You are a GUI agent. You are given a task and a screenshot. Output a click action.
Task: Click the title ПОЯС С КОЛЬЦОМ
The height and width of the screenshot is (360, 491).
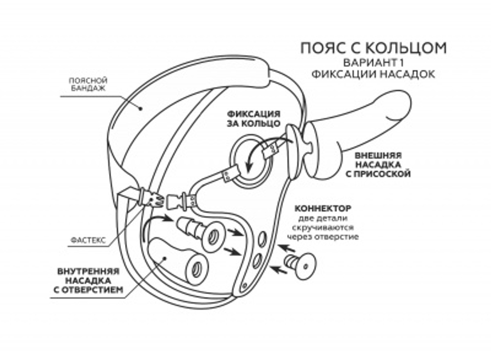coord(373,48)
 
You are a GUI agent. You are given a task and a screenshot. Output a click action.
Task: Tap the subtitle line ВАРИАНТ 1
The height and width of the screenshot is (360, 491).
coord(373,63)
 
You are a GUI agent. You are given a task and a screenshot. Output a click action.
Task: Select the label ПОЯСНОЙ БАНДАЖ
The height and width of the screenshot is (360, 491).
coord(88,84)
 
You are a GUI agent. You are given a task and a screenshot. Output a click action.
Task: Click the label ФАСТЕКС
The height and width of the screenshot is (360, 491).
coord(88,240)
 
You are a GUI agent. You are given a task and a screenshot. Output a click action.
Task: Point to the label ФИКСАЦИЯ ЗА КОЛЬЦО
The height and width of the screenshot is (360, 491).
coord(254,119)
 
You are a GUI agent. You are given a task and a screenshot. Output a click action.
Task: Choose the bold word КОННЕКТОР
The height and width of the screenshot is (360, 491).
coord(323,208)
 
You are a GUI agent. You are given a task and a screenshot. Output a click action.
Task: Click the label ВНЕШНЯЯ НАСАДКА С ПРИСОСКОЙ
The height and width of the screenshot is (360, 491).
coord(378,165)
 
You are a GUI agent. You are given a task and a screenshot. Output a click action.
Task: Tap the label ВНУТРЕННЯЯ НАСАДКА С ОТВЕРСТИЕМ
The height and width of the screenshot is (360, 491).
coord(88,280)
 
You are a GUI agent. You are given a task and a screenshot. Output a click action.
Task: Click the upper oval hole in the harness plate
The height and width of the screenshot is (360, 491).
coord(262,240)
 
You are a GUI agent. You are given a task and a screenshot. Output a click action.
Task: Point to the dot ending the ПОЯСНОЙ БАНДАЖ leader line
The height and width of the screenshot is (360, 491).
coord(141,109)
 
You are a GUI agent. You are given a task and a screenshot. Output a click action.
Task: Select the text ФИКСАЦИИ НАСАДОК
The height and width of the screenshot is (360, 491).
coord(373,75)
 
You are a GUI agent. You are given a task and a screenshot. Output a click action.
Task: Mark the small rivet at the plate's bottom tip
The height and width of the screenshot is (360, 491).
coord(245,285)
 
